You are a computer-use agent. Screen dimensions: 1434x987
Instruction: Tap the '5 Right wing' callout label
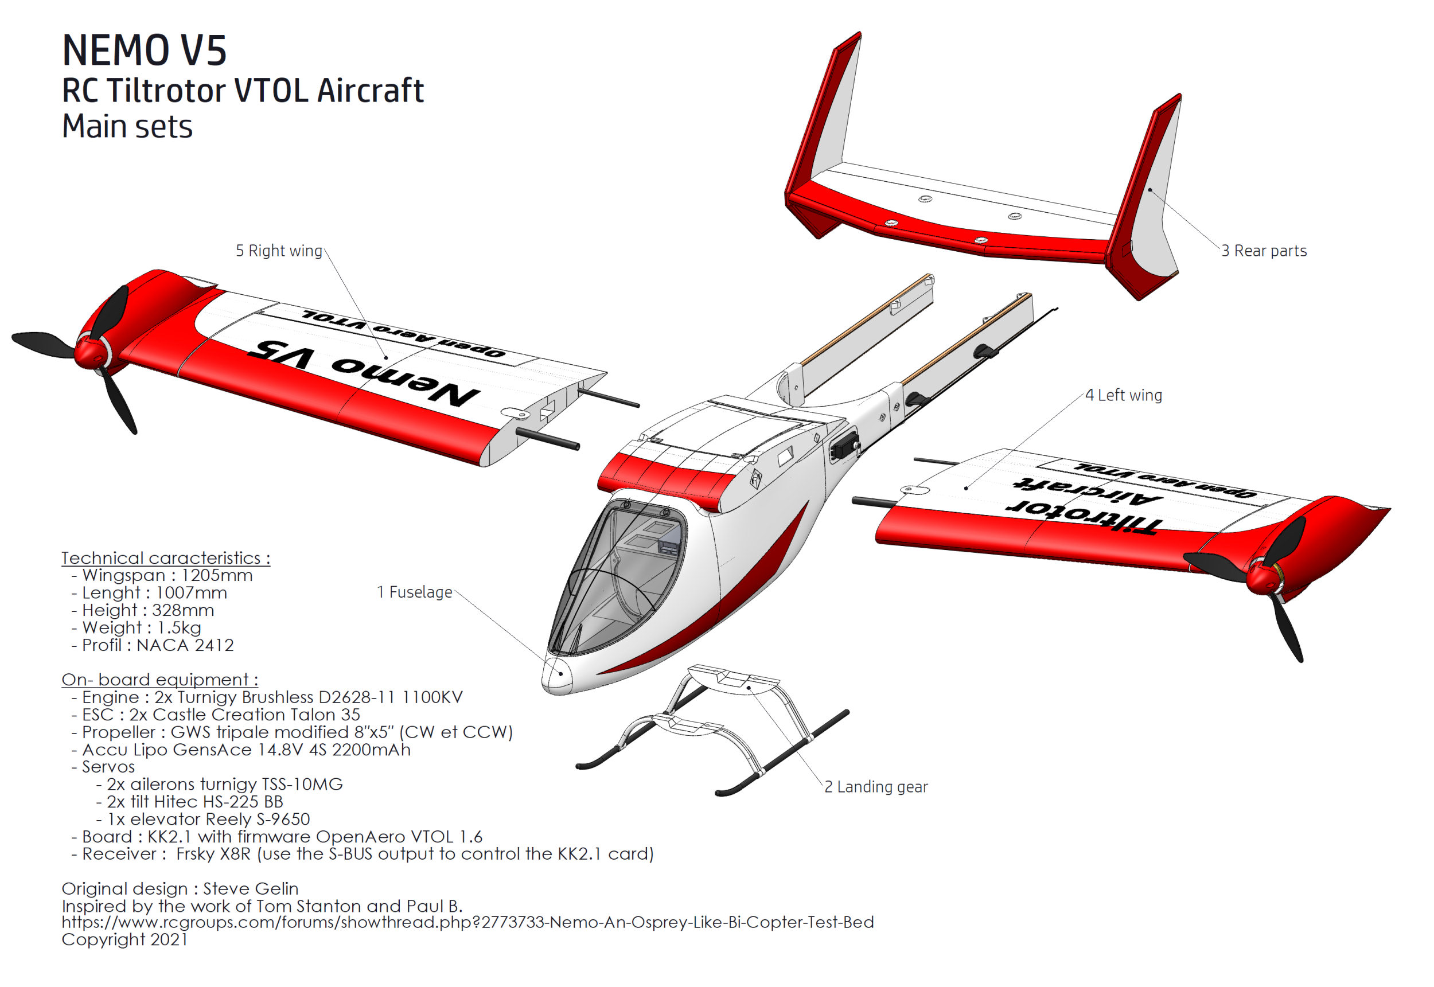click(x=279, y=251)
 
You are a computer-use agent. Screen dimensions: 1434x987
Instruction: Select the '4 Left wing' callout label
click(x=1124, y=395)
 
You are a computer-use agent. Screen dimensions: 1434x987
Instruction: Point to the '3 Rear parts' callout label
click(x=1264, y=251)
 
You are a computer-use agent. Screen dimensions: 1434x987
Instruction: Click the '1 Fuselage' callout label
click(x=415, y=592)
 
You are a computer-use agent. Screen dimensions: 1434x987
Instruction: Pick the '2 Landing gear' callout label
click(x=876, y=787)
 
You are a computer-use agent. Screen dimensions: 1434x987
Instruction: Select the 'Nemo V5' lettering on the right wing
click(x=364, y=373)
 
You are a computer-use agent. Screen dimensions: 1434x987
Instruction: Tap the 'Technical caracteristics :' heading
click(x=166, y=558)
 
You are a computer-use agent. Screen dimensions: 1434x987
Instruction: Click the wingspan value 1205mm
click(x=216, y=575)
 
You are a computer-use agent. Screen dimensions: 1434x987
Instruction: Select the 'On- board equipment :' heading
click(x=159, y=680)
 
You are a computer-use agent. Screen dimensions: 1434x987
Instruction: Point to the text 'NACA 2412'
click(x=185, y=645)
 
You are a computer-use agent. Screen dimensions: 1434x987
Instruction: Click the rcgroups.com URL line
click(x=467, y=922)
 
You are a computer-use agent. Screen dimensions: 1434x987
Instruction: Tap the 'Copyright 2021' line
click(x=124, y=939)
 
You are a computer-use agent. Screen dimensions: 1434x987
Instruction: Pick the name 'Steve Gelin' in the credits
click(x=251, y=889)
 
